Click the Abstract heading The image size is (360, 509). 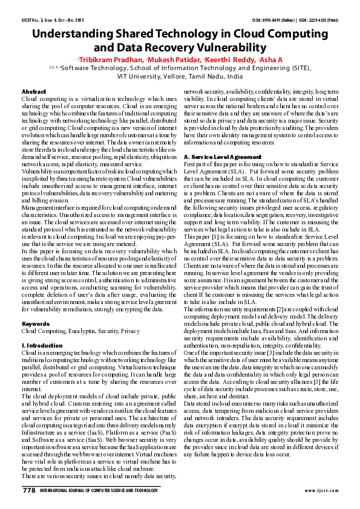(34, 91)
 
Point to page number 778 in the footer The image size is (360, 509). (29, 491)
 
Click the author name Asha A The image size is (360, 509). (270, 60)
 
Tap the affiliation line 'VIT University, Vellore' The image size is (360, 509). (180, 77)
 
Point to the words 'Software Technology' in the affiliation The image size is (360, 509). (88, 69)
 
